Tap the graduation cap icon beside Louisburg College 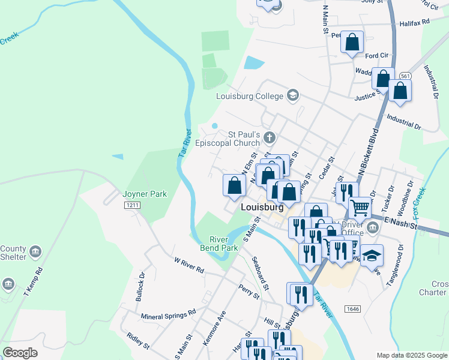pyautogui.click(x=292, y=95)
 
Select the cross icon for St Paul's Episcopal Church pyautogui.click(x=270, y=139)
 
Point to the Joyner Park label pyautogui.click(x=145, y=194)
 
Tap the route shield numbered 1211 pyautogui.click(x=133, y=205)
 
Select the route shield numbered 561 pyautogui.click(x=406, y=76)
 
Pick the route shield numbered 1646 pyautogui.click(x=353, y=308)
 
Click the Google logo pyautogui.click(x=20, y=352)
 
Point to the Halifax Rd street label pyautogui.click(x=414, y=22)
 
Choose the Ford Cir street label pyautogui.click(x=377, y=56)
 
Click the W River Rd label pyautogui.click(x=188, y=266)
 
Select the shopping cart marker pyautogui.click(x=360, y=208)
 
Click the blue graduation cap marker pyautogui.click(x=372, y=254)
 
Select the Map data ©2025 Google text pyautogui.click(x=411, y=355)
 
